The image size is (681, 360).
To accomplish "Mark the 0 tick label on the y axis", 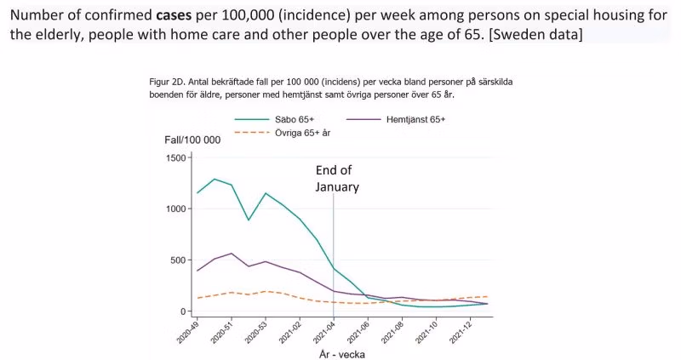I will (x=183, y=311).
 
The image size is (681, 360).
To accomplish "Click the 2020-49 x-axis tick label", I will (x=186, y=332).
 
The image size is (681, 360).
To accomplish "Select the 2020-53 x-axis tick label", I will (x=254, y=332).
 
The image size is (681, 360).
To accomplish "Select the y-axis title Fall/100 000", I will (x=192, y=139).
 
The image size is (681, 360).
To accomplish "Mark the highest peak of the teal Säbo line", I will (x=215, y=180).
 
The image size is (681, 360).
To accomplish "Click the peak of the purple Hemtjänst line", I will (x=232, y=254).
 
